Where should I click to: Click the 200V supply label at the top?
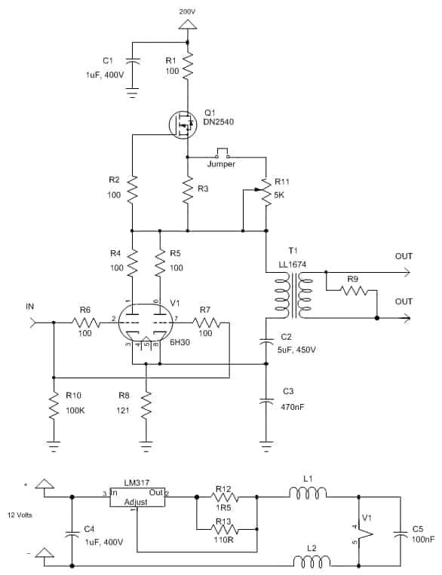187,12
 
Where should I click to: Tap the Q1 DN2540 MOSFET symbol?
183,124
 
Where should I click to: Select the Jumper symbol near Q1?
222,153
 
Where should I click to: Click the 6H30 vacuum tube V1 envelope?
146,322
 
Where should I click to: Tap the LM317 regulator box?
137,497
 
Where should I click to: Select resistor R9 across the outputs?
354,290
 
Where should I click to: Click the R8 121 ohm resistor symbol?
146,404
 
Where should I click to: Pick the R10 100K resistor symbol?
54,404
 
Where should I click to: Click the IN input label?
29,307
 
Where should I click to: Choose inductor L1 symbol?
308,493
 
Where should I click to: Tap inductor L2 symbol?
312,561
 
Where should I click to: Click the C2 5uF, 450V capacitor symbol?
266,341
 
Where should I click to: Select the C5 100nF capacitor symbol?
400,534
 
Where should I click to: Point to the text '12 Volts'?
20,515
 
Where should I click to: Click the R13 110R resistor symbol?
225,529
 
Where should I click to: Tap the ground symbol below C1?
132,93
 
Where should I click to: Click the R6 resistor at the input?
85,323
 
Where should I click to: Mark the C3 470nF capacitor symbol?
266,400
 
